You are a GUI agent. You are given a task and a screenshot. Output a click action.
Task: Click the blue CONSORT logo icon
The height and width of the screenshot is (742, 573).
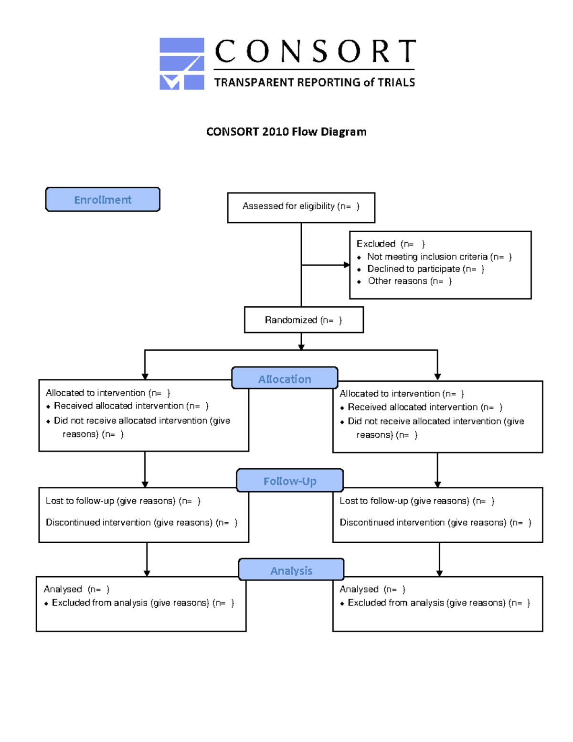coord(181,64)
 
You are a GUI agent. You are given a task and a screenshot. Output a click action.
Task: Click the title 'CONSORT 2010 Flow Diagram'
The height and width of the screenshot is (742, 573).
coord(286,132)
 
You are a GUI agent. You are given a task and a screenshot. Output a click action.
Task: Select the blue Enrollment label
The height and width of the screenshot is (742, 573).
coord(103,200)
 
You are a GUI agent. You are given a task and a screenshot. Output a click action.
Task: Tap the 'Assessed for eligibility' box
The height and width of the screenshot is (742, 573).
coord(301,207)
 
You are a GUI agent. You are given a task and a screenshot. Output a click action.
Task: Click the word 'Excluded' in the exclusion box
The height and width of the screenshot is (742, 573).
coord(376,244)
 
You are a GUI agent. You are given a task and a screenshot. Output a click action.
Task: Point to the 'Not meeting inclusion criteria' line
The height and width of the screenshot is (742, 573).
coord(439,257)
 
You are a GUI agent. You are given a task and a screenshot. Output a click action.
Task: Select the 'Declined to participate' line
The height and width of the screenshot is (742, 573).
coord(425,269)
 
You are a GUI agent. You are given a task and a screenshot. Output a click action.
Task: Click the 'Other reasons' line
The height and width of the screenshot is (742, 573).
coord(409,281)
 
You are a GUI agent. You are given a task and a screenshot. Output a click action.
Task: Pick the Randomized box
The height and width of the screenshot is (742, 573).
coord(303,320)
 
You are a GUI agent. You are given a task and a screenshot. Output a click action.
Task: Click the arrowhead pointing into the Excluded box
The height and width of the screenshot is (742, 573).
coord(347,265)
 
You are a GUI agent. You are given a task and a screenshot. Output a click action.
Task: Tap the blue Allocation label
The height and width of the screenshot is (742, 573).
coord(285,379)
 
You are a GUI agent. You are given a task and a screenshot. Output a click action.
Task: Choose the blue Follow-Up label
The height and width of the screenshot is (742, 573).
coord(290,481)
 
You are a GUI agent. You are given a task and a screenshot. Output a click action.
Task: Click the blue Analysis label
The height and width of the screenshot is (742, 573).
coord(291,570)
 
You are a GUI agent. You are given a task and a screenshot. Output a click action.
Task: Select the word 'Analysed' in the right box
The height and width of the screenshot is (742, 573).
coord(359,590)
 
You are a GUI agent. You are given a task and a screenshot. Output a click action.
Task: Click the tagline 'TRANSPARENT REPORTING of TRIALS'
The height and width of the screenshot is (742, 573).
coord(314,83)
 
